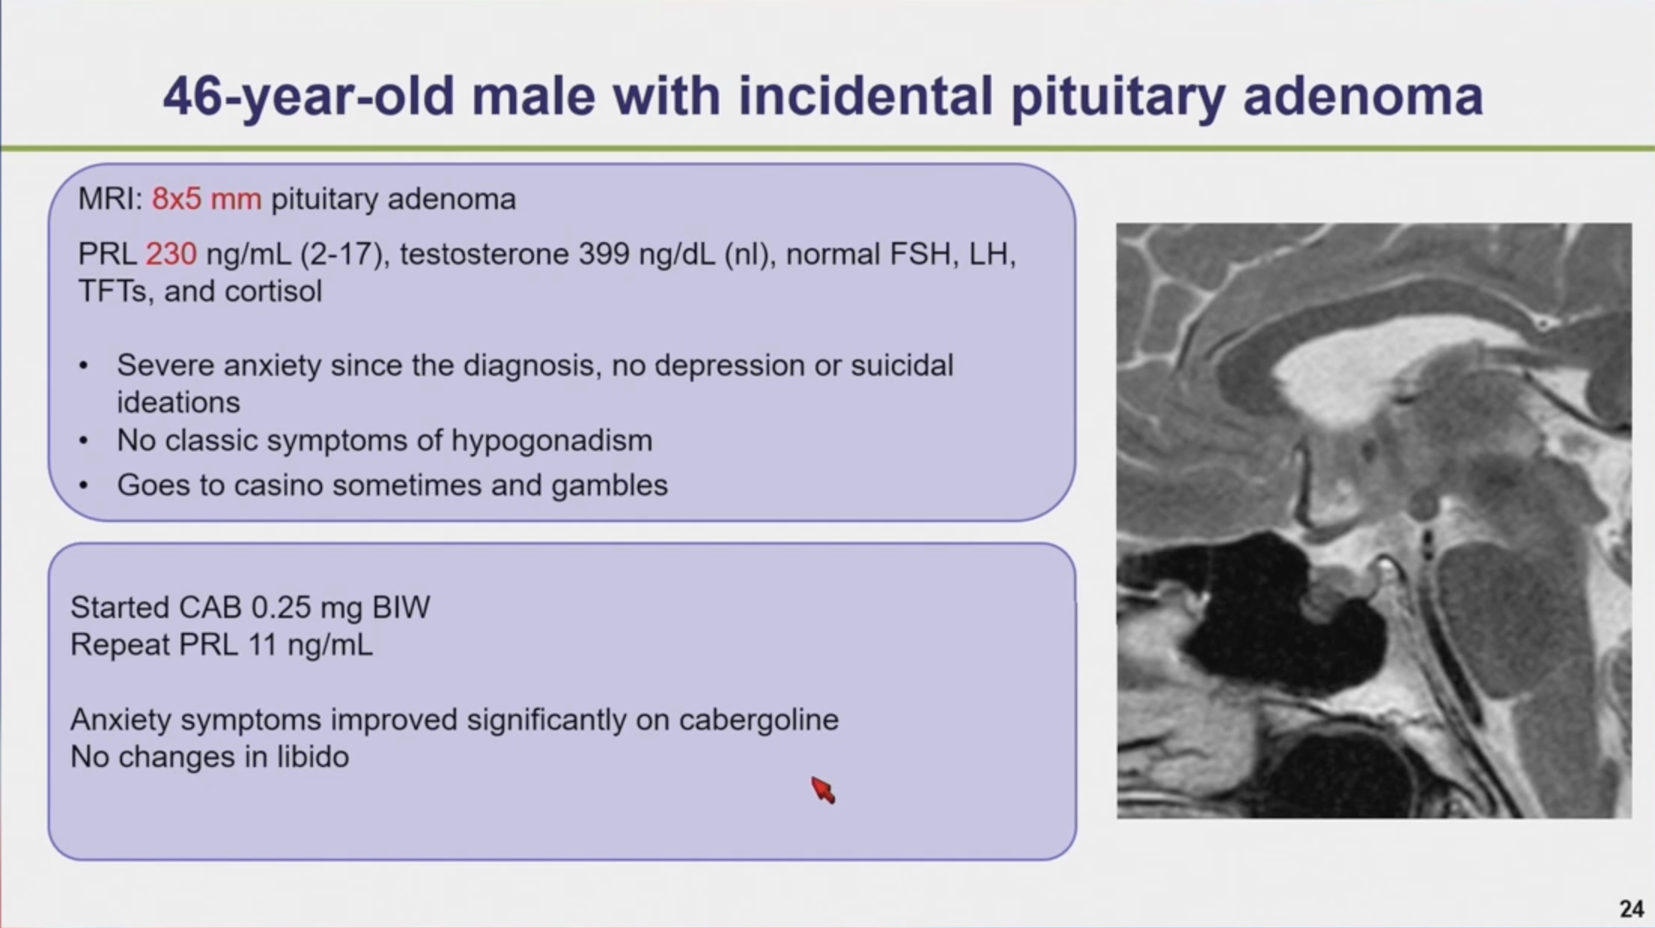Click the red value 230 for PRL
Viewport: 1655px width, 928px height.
click(x=171, y=254)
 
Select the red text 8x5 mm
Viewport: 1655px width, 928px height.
click(x=207, y=199)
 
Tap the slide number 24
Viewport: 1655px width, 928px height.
click(x=1631, y=908)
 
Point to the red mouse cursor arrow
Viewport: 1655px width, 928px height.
click(x=822, y=790)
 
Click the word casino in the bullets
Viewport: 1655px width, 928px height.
click(x=278, y=485)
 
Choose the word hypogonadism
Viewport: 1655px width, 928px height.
click(x=551, y=441)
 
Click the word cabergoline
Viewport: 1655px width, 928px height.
click(x=758, y=720)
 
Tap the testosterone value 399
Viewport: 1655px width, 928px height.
click(x=604, y=254)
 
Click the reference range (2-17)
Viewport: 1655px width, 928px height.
click(x=345, y=254)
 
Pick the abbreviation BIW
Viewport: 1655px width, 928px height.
click(x=401, y=608)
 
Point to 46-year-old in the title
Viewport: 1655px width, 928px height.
click(x=309, y=96)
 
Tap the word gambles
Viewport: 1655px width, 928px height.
click(x=609, y=486)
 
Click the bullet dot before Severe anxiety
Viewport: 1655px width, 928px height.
click(x=84, y=366)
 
